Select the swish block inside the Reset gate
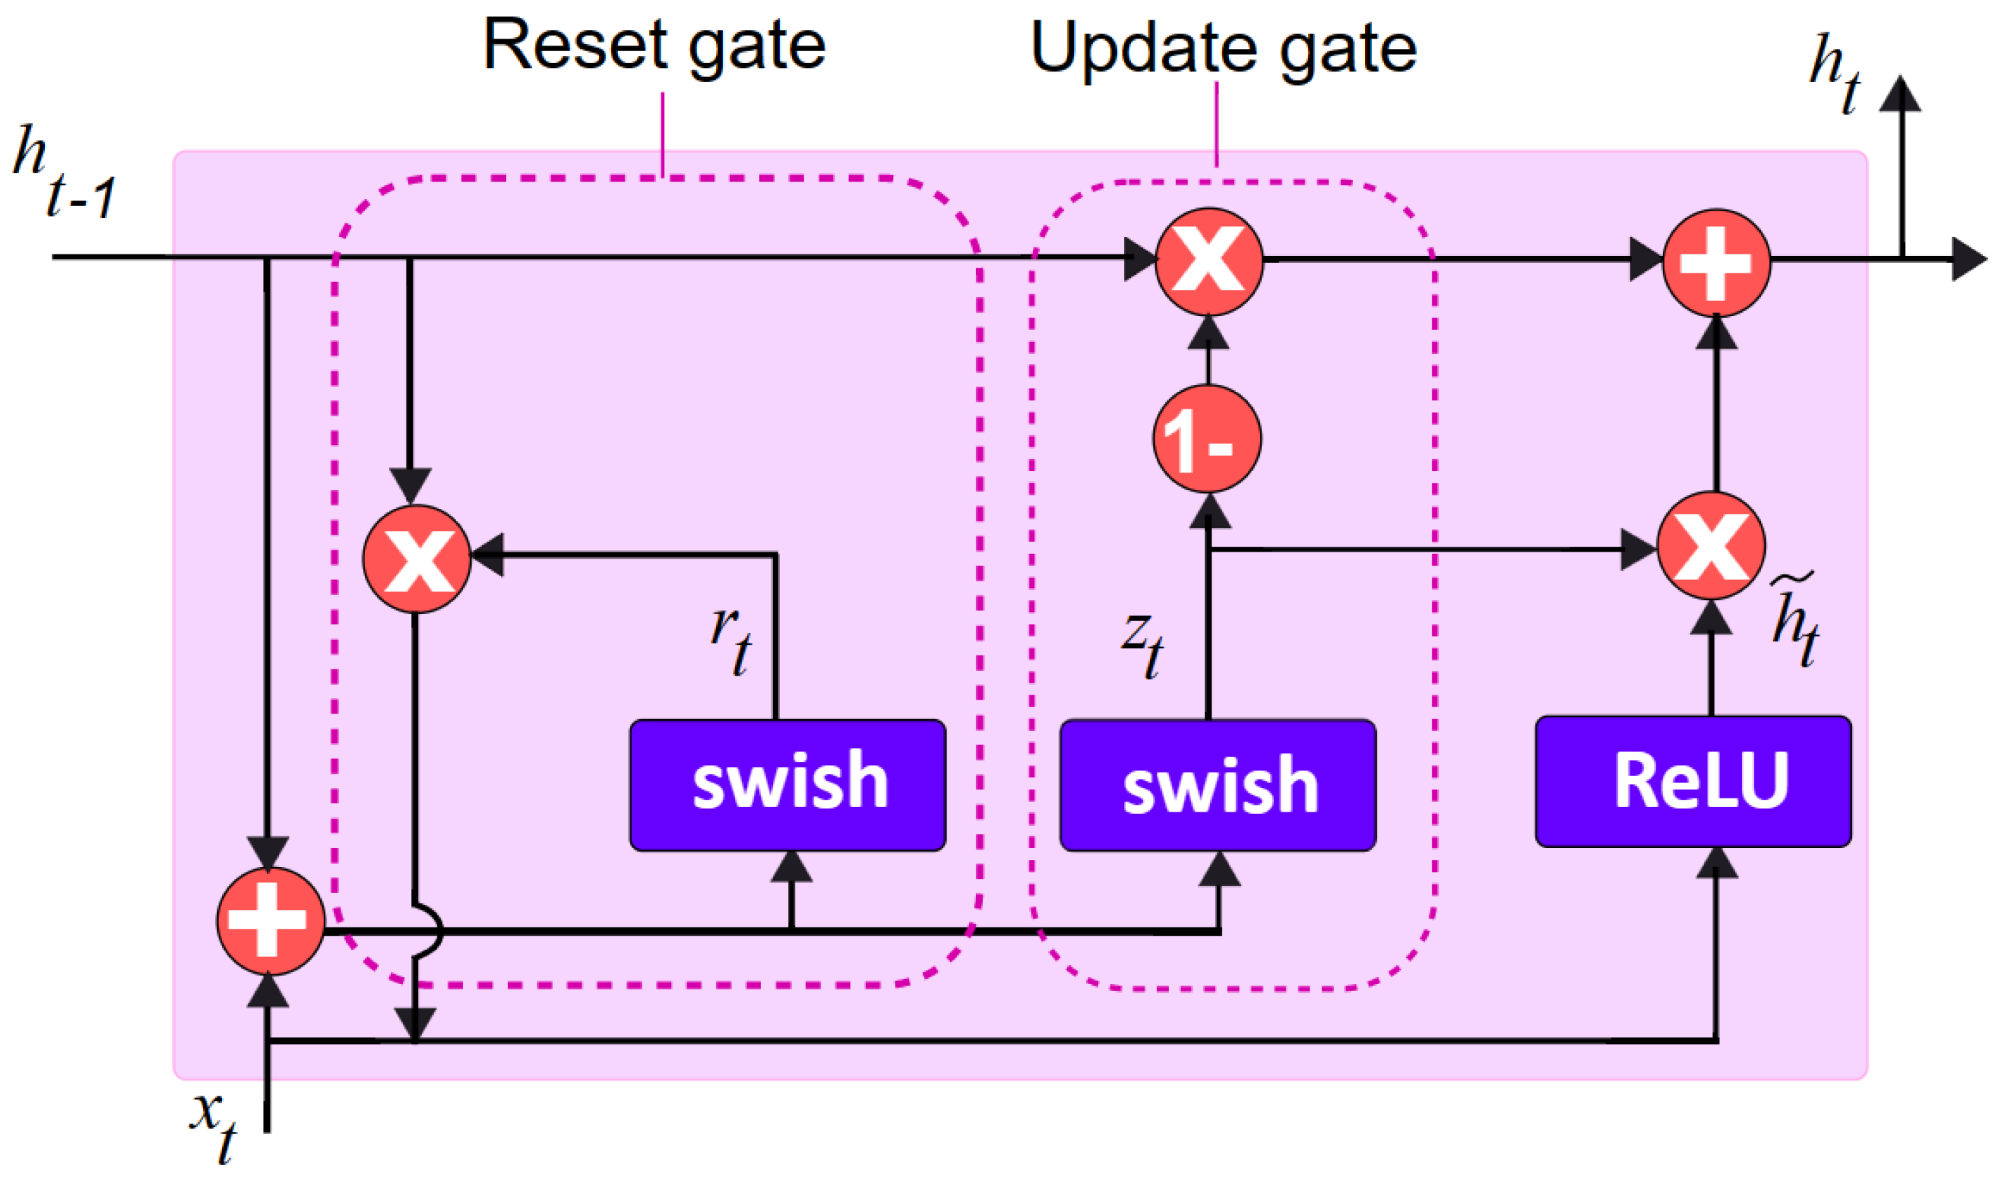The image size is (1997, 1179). (x=788, y=785)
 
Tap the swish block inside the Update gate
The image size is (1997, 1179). (x=1218, y=785)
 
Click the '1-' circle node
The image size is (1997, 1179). (x=1207, y=439)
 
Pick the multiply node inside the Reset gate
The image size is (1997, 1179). (x=417, y=559)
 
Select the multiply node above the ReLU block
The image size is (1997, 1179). (x=1711, y=546)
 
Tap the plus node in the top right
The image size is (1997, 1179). (x=1717, y=263)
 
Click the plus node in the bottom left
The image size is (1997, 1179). (x=270, y=921)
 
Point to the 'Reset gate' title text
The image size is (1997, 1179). (x=654, y=46)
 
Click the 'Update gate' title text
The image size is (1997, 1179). (x=1223, y=49)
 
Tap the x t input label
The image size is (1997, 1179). (x=213, y=1127)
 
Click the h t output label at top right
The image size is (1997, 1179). (x=1834, y=73)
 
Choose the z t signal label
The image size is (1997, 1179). (x=1142, y=645)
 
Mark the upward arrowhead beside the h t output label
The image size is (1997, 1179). (x=1901, y=94)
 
